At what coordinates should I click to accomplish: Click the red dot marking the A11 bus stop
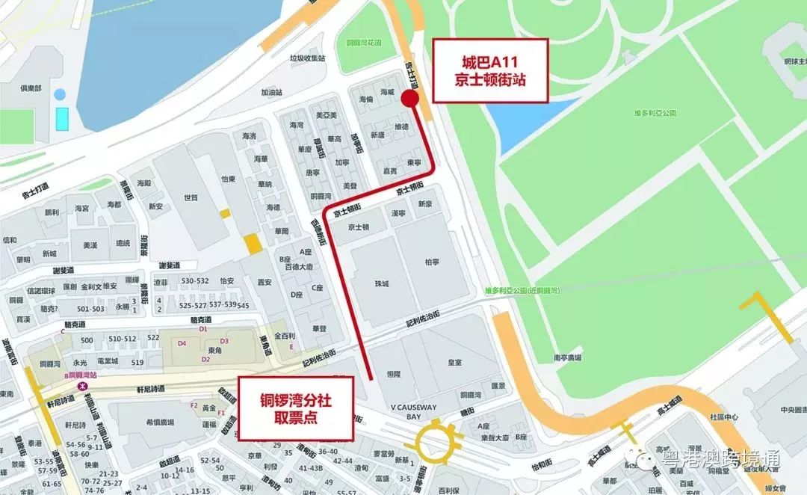(409, 99)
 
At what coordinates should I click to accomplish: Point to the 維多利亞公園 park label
(652, 113)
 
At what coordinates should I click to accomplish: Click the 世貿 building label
(191, 197)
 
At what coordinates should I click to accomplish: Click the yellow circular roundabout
(439, 441)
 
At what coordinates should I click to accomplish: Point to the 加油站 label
(271, 93)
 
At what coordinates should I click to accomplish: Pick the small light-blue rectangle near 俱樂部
(62, 117)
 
